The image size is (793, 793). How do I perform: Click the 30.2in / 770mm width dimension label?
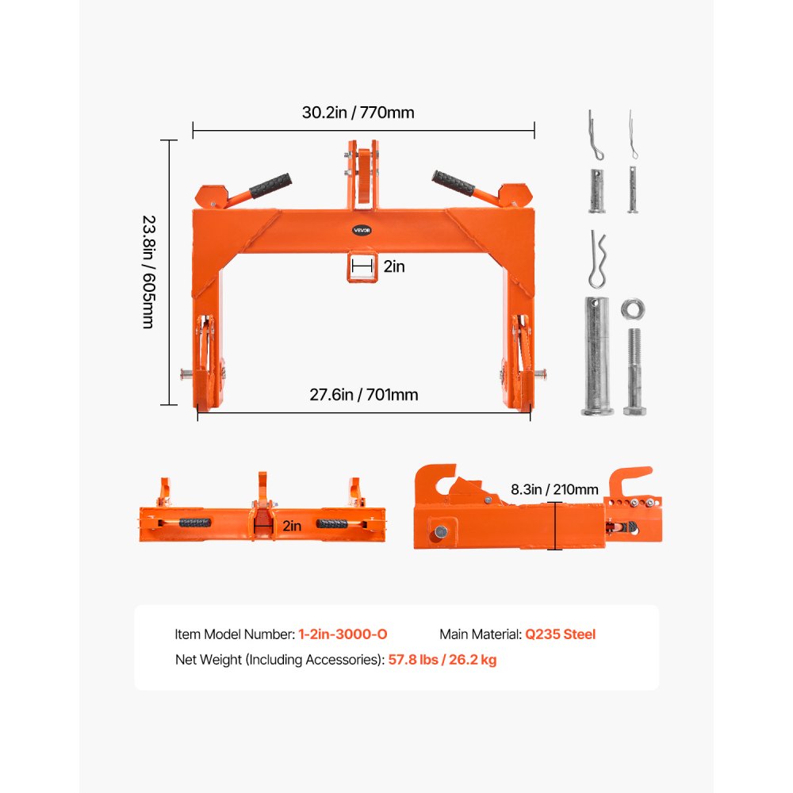(x=358, y=113)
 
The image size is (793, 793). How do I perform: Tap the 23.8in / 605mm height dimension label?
(x=147, y=272)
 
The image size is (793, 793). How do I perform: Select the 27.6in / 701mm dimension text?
(x=364, y=394)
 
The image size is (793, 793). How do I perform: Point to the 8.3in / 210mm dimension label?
(x=565, y=489)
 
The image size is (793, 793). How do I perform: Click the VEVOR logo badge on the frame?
(x=362, y=230)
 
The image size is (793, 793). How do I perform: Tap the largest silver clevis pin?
(x=596, y=355)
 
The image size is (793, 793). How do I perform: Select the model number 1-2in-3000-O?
(x=343, y=634)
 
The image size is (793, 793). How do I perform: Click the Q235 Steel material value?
(x=560, y=634)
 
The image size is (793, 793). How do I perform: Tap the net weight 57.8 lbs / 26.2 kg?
(x=442, y=659)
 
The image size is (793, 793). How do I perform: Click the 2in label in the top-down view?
(x=291, y=525)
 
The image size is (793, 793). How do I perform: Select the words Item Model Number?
(x=235, y=634)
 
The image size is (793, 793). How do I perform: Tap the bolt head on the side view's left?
(x=438, y=532)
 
